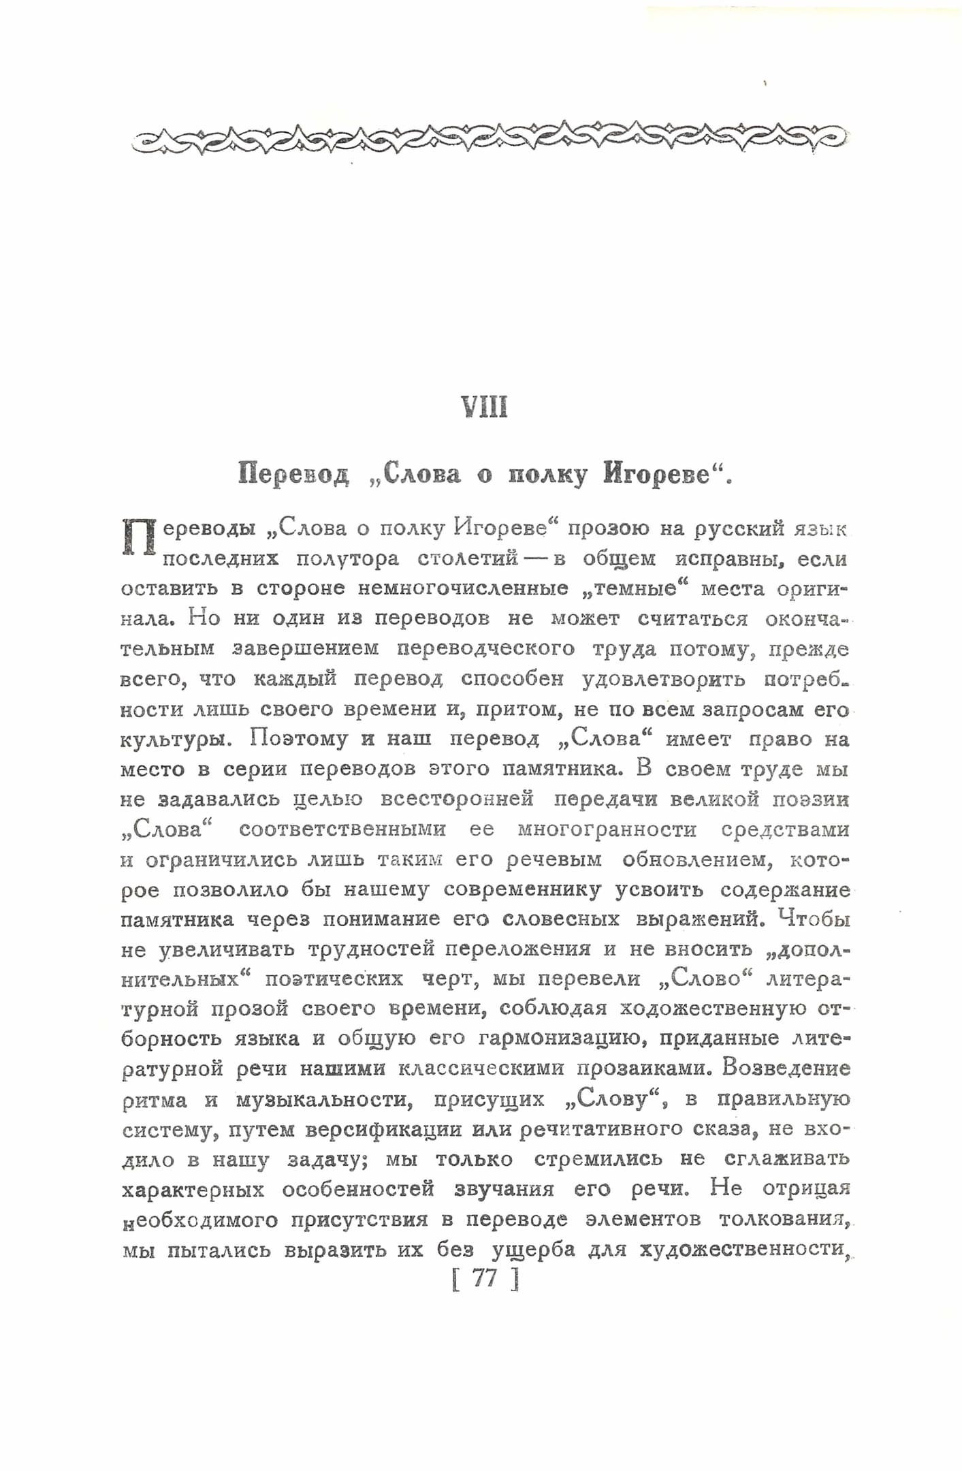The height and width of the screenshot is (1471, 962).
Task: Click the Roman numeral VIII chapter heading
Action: coord(485,407)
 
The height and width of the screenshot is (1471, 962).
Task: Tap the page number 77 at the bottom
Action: coord(485,1278)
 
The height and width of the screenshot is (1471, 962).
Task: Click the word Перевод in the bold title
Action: coord(293,474)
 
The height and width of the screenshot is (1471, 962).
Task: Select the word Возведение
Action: coord(786,1069)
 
